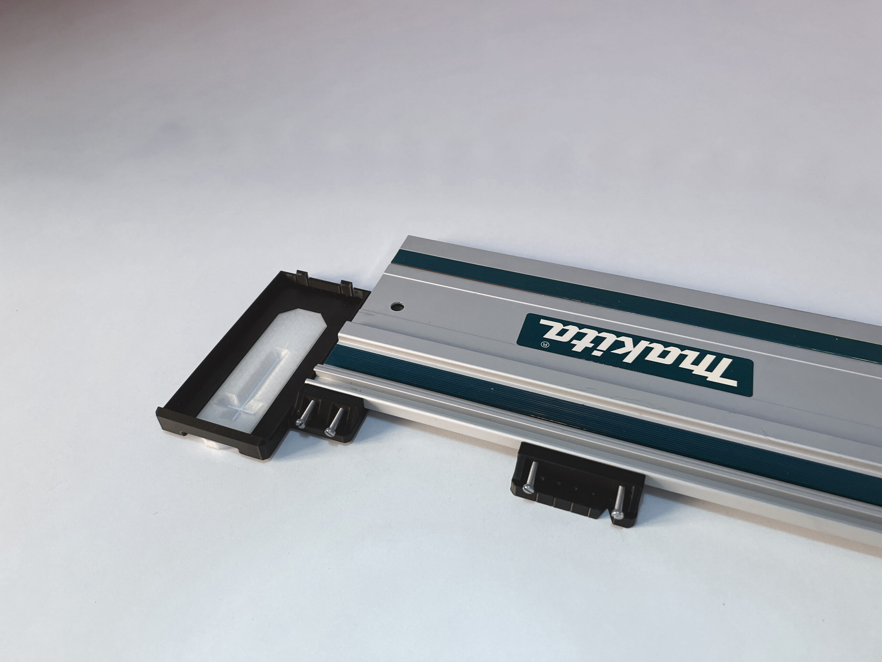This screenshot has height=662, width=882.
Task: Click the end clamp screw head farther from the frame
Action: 330,431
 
